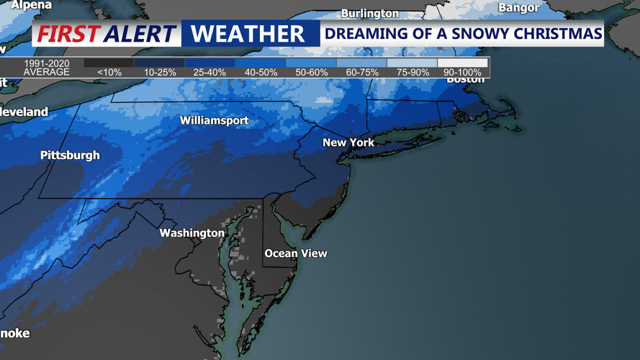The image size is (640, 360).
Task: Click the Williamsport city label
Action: [214, 120]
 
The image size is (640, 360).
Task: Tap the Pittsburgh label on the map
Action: [70, 156]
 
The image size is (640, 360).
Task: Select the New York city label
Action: [348, 143]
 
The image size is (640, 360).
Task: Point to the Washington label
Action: [192, 233]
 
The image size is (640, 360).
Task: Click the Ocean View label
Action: [296, 253]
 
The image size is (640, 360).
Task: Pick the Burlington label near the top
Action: [369, 14]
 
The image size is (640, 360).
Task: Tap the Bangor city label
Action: [518, 8]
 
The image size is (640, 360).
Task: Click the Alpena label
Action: [31, 5]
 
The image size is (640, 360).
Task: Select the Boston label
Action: [466, 79]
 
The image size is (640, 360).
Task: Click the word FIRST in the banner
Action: [68, 34]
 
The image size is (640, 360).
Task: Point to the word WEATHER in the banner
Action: [248, 34]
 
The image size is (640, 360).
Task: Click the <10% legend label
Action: [109, 73]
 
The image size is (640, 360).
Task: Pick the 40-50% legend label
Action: [261, 73]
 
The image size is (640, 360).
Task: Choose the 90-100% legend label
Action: [462, 73]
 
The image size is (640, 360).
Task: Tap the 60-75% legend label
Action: [361, 73]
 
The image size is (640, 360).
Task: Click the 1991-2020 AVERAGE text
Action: [46, 68]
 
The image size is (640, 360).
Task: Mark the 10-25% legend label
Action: [160, 73]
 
